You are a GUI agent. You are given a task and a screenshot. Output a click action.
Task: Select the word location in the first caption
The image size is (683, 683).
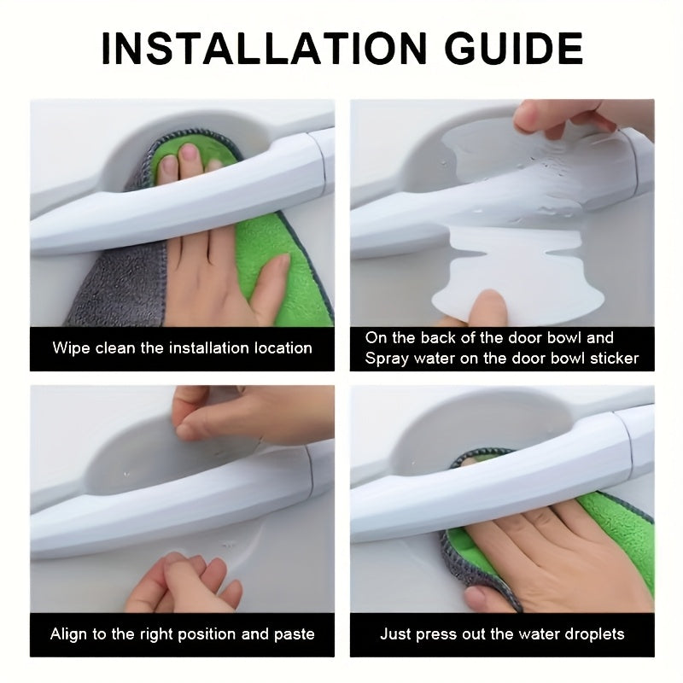tap(282, 347)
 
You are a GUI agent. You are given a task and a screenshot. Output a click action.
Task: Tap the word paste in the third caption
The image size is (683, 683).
tap(294, 634)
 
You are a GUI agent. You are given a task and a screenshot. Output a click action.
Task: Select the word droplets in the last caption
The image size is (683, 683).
tap(595, 634)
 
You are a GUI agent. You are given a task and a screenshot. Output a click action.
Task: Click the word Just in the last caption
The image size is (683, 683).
tap(396, 634)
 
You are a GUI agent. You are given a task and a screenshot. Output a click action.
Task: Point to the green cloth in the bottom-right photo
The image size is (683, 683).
tap(636, 546)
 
